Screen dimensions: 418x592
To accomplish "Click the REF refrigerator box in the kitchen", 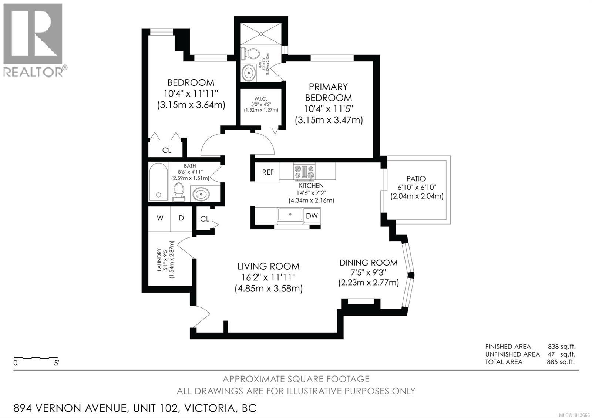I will point(268,172).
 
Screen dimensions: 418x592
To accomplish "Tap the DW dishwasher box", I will point(312,215).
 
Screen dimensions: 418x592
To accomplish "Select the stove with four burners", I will point(305,172).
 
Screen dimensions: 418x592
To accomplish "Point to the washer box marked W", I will point(160,218).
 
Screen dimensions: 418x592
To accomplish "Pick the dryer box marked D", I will point(181,218).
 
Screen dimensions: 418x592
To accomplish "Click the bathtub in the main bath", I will point(158,182).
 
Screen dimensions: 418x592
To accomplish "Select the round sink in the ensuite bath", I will point(249,73).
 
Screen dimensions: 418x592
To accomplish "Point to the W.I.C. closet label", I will point(260,99).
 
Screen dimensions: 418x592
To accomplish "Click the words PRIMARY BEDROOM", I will point(328,92).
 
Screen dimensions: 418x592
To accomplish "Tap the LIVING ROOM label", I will point(268,266).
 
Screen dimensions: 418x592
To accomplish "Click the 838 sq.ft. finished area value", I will point(561,347).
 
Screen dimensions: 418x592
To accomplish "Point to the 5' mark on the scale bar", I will point(57,363).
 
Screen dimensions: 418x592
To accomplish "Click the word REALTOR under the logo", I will point(33,72).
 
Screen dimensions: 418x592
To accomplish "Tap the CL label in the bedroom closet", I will point(167,150).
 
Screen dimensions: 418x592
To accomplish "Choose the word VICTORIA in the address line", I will point(210,408).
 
